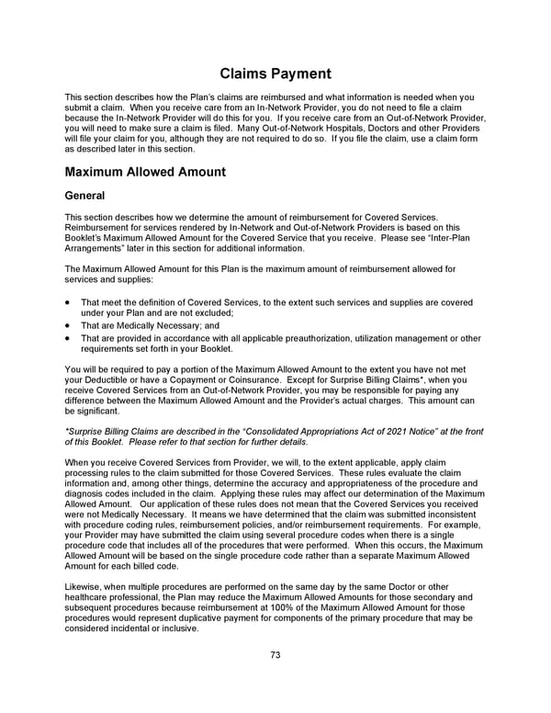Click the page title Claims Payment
(x=275, y=74)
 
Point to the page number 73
(x=275, y=655)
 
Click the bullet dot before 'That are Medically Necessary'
(x=69, y=325)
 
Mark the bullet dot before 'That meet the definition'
(x=69, y=302)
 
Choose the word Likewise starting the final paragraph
(x=83, y=586)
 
